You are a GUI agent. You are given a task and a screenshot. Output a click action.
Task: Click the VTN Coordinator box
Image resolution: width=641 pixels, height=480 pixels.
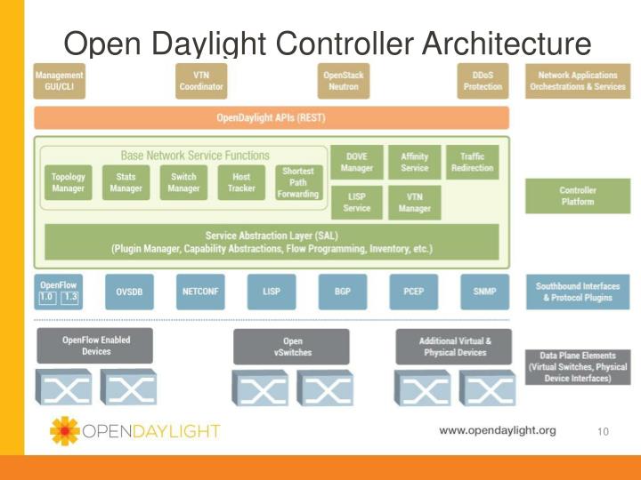tap(202, 81)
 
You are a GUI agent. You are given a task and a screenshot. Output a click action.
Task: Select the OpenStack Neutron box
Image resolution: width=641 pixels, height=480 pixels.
tap(343, 81)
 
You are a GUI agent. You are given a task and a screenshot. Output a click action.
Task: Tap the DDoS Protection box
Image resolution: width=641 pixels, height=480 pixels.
tap(483, 81)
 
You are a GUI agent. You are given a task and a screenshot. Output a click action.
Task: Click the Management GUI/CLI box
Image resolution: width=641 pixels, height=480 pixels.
tap(59, 81)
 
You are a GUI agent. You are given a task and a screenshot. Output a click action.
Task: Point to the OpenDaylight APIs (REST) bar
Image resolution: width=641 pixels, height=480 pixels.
tap(272, 118)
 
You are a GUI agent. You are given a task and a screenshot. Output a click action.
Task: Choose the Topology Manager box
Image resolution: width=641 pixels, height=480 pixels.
tap(69, 182)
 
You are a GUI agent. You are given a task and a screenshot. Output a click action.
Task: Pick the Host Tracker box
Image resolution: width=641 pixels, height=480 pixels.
tap(241, 182)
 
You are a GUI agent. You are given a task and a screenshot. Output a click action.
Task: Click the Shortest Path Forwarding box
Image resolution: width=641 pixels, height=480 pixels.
tap(297, 182)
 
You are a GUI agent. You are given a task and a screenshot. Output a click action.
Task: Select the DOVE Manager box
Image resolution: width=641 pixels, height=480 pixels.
tap(356, 162)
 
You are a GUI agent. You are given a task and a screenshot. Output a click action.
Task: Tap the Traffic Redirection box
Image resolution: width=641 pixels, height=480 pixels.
tap(472, 162)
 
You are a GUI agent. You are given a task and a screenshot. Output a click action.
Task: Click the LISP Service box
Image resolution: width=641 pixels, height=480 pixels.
tap(356, 203)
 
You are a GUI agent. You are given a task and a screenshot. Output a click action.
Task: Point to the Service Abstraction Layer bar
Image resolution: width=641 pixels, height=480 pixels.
tap(272, 242)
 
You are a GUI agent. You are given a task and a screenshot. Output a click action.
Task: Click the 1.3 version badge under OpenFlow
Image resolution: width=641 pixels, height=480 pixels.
tap(70, 296)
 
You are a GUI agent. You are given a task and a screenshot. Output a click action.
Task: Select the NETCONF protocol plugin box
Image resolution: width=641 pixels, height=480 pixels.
tap(201, 291)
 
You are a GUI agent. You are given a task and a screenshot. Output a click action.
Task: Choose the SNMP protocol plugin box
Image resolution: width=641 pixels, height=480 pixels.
tap(484, 291)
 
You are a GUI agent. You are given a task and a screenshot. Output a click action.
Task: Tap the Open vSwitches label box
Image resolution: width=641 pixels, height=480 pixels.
tap(292, 347)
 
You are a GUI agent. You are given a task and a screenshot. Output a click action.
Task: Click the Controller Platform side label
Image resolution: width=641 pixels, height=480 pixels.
tap(577, 196)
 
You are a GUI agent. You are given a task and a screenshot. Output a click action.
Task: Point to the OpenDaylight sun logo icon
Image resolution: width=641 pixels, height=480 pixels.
tap(64, 431)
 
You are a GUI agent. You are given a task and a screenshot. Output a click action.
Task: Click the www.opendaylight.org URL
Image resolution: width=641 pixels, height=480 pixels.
tap(497, 430)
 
